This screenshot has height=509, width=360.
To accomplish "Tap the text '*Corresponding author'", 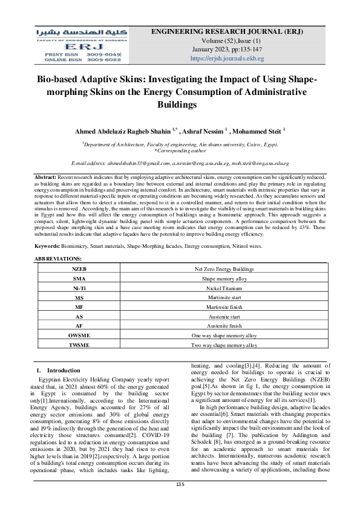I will tap(180, 151).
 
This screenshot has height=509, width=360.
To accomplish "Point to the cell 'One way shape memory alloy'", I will tap(224, 334).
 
